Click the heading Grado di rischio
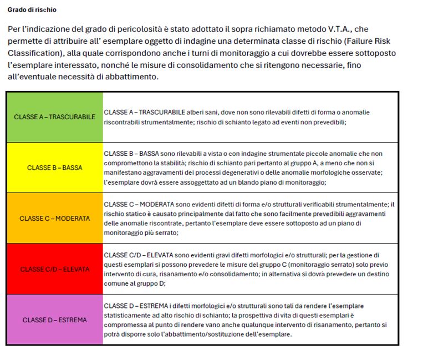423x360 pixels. click(32, 10)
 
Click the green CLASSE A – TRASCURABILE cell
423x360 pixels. click(54, 117)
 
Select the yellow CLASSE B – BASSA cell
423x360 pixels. click(54, 168)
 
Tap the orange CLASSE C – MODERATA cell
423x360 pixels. click(54, 218)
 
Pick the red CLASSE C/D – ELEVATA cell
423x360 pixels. click(54, 269)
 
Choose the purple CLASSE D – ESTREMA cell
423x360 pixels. click(54, 320)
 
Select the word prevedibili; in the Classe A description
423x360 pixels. click(329, 121)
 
